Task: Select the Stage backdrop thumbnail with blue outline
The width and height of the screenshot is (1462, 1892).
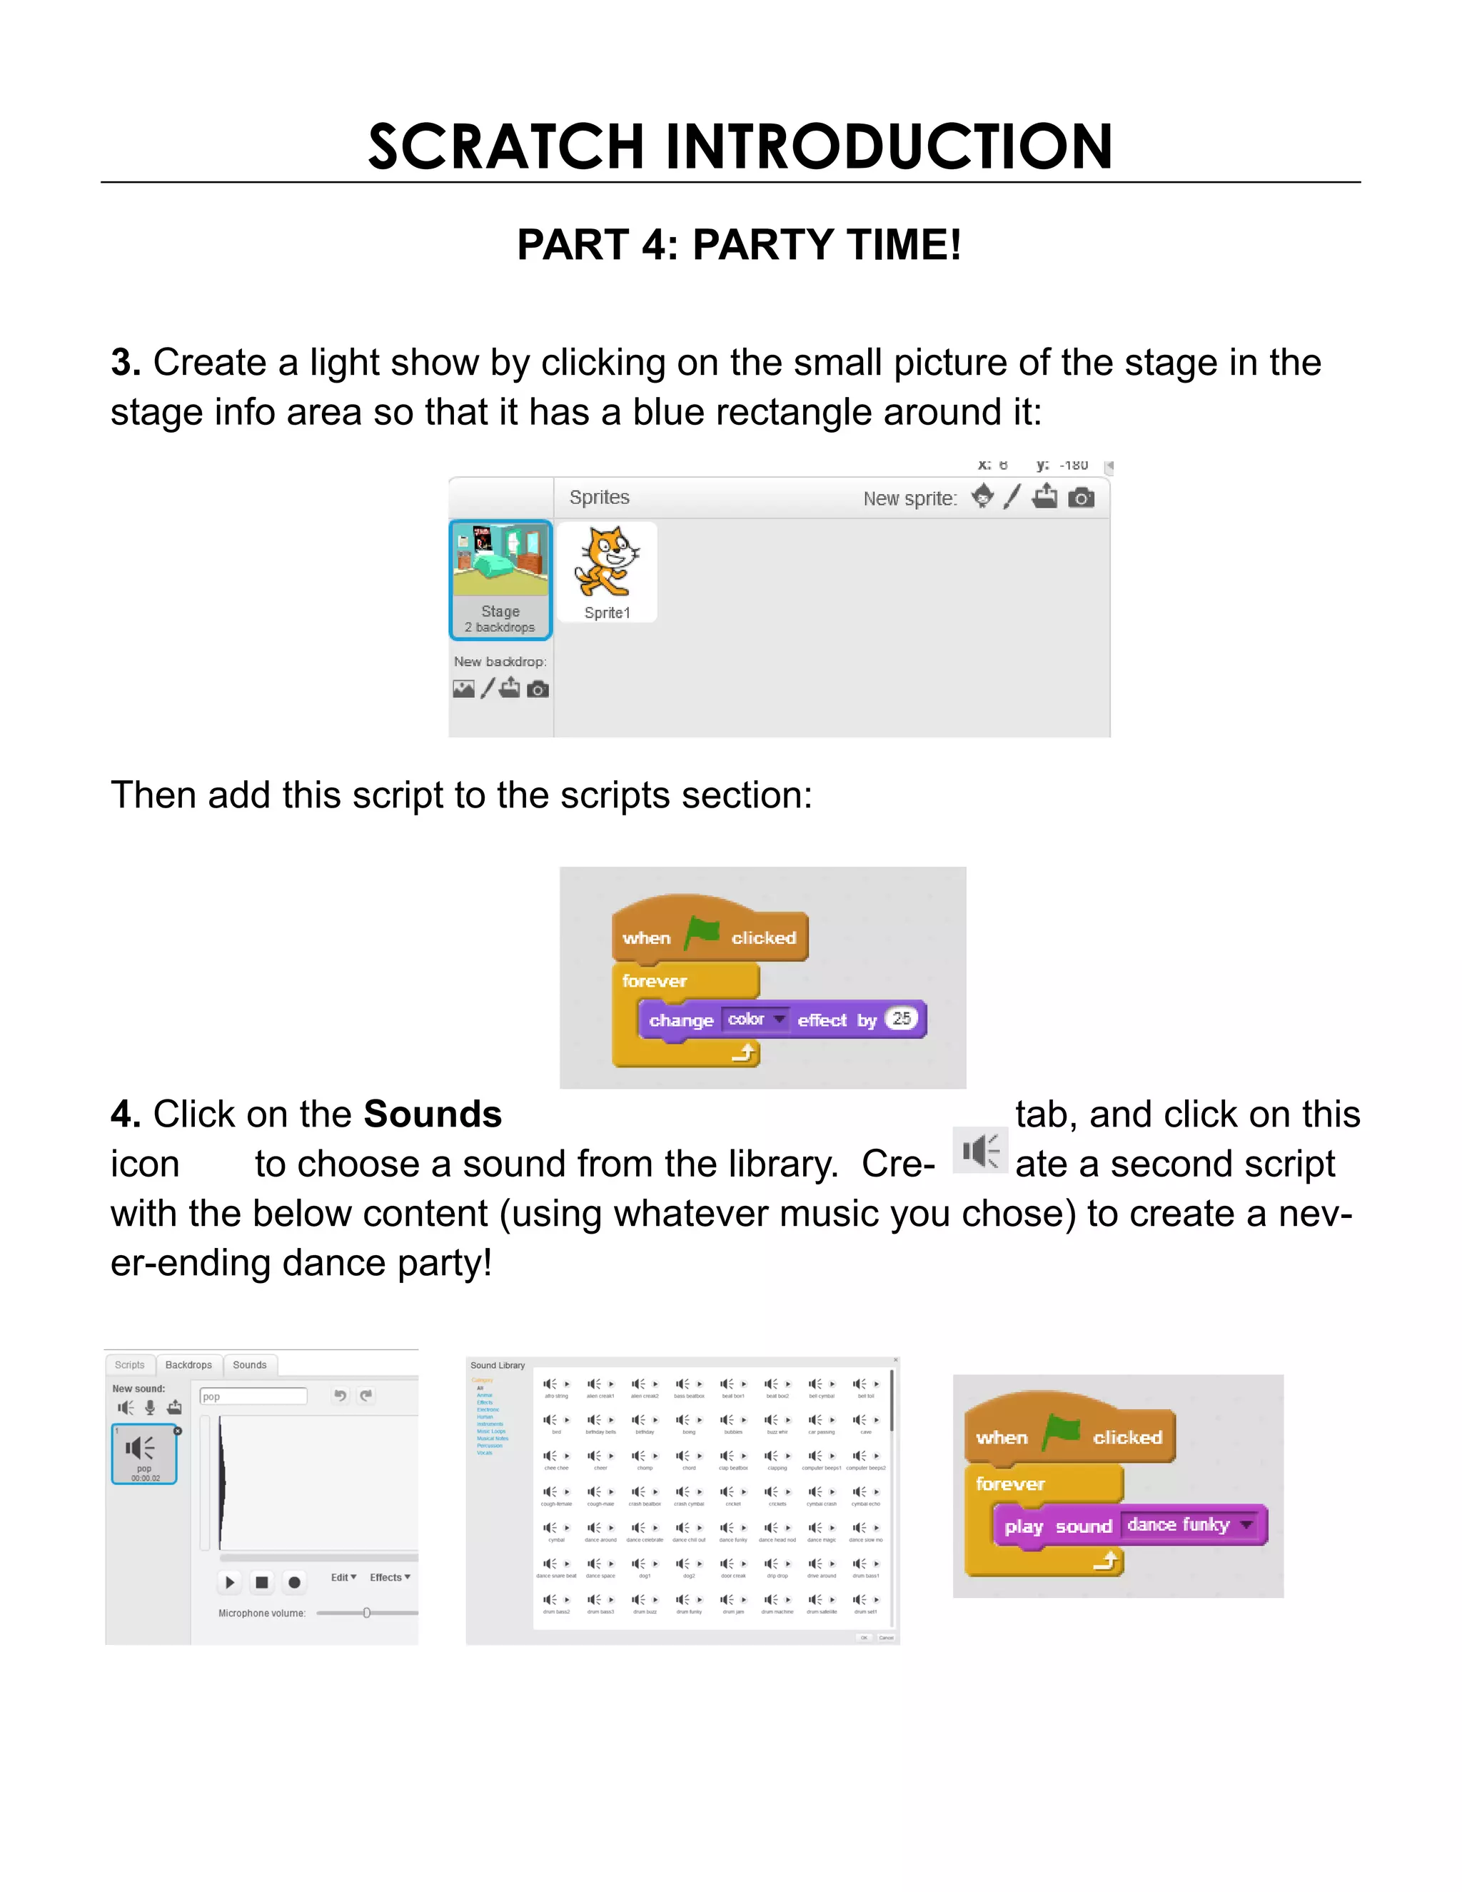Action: [x=500, y=579]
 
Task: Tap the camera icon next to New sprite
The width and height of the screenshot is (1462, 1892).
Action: [x=1081, y=497]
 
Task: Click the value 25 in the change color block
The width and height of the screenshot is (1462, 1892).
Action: [x=902, y=1019]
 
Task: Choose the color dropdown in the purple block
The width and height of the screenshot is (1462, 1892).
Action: [x=756, y=1020]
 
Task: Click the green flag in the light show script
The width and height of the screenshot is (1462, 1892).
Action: [x=702, y=934]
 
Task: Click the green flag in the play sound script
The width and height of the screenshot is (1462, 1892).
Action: [x=1062, y=1432]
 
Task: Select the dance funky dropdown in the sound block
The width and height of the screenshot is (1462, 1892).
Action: [x=1191, y=1525]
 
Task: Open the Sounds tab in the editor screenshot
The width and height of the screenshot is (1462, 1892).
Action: [x=249, y=1365]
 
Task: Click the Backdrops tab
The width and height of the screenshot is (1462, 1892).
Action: [x=188, y=1365]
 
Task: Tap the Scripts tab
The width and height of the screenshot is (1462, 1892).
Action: [x=130, y=1365]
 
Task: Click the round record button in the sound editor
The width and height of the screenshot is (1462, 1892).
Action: [x=295, y=1583]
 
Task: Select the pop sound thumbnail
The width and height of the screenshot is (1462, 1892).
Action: [x=143, y=1454]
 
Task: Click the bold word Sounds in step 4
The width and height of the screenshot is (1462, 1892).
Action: [x=432, y=1114]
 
